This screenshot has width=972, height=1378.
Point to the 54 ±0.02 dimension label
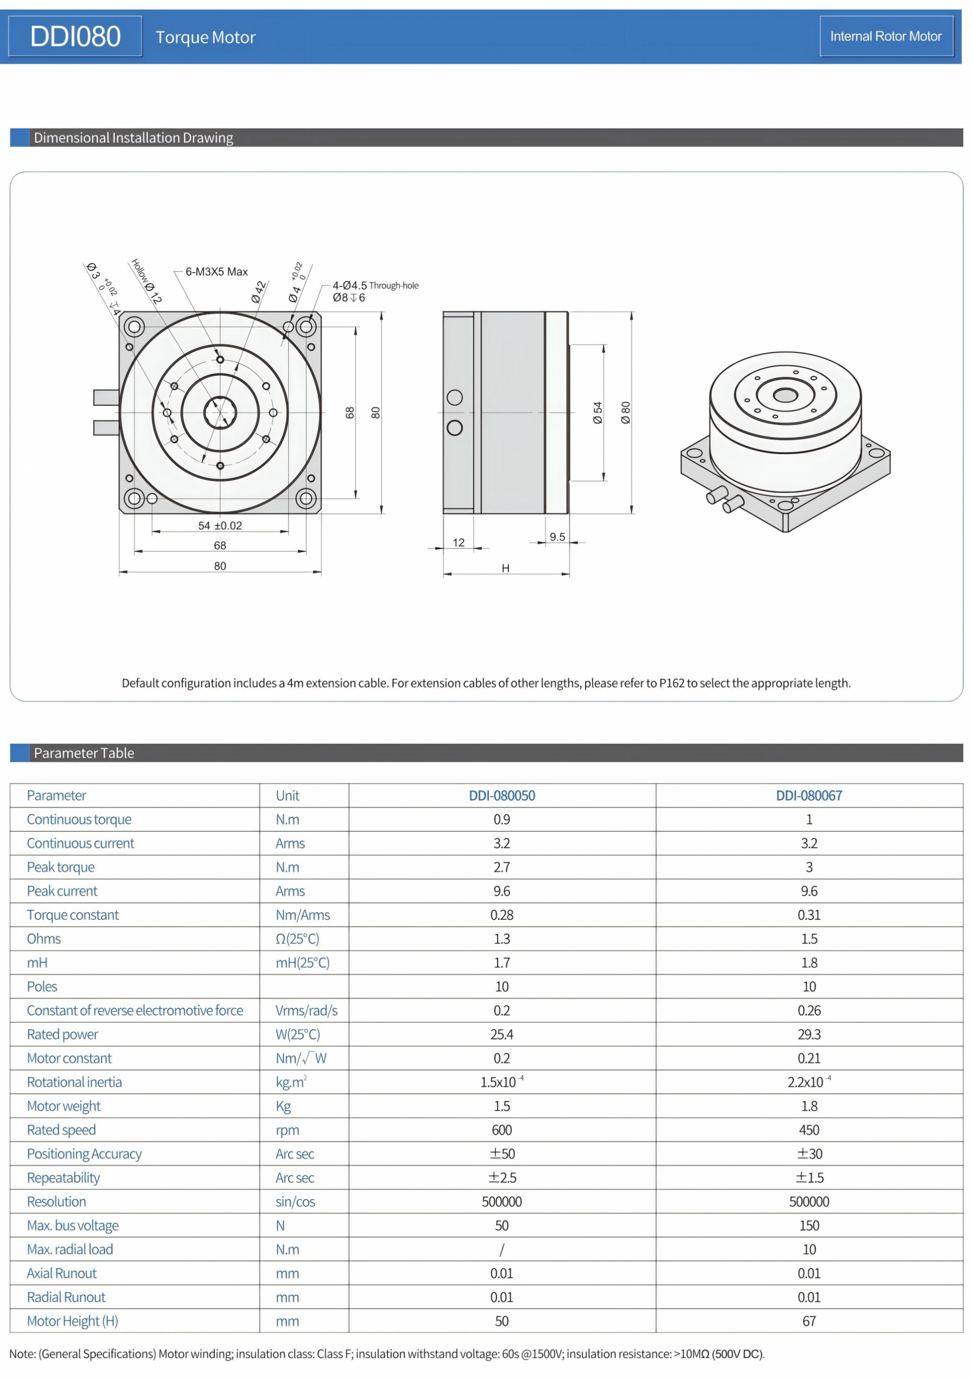click(x=220, y=526)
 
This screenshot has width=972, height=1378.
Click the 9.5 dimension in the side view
click(x=557, y=537)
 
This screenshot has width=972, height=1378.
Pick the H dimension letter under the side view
click(x=505, y=568)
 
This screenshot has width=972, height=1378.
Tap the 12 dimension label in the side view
click(x=458, y=542)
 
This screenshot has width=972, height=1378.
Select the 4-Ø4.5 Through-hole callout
click(x=375, y=286)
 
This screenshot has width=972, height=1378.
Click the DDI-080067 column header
click(x=808, y=795)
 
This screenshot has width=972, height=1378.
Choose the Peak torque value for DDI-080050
click(x=502, y=867)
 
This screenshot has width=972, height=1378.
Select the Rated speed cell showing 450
click(x=808, y=1130)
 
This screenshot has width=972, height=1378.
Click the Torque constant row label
click(x=72, y=915)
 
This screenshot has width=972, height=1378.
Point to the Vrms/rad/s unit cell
click(x=306, y=1011)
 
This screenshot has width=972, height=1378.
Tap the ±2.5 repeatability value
click(x=502, y=1178)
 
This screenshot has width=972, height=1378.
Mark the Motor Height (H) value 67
click(x=808, y=1321)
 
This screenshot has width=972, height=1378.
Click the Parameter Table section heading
click(x=84, y=753)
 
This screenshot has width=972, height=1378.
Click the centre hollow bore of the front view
click(x=220, y=413)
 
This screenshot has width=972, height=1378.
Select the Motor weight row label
click(x=64, y=1106)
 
